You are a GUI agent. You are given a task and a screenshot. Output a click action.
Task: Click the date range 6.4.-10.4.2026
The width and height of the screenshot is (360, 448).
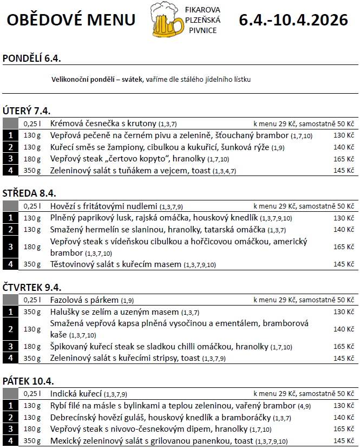point(293,20)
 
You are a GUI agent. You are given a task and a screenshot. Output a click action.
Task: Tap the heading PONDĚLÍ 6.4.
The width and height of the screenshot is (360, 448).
point(32,59)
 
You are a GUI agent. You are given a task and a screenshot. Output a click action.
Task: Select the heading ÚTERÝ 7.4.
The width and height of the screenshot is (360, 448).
point(27,111)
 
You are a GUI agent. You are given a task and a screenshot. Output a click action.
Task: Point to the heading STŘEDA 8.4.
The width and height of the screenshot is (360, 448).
point(30,193)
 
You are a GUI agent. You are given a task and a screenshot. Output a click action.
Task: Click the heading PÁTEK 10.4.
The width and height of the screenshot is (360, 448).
point(28,381)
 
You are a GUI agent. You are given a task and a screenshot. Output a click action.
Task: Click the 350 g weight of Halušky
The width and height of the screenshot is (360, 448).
point(32,312)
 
